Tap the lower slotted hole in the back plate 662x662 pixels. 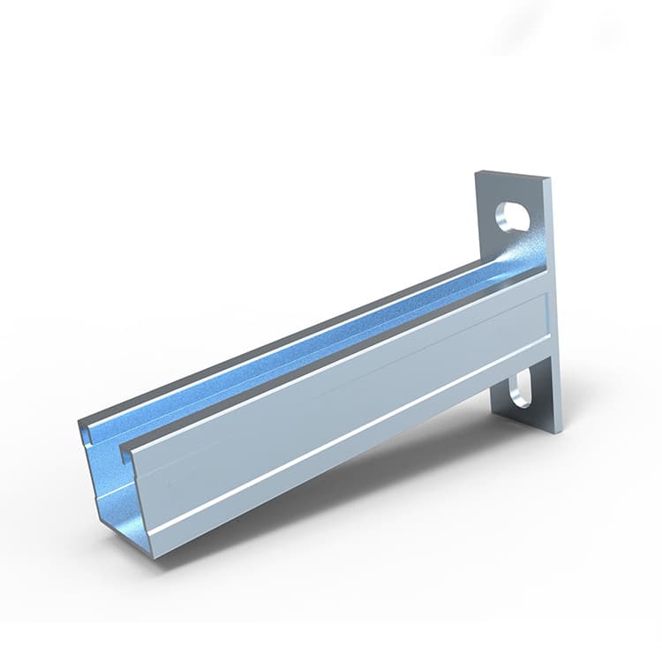tap(523, 389)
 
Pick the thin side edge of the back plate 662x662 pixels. tap(555, 309)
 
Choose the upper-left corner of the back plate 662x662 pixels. tap(478, 173)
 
